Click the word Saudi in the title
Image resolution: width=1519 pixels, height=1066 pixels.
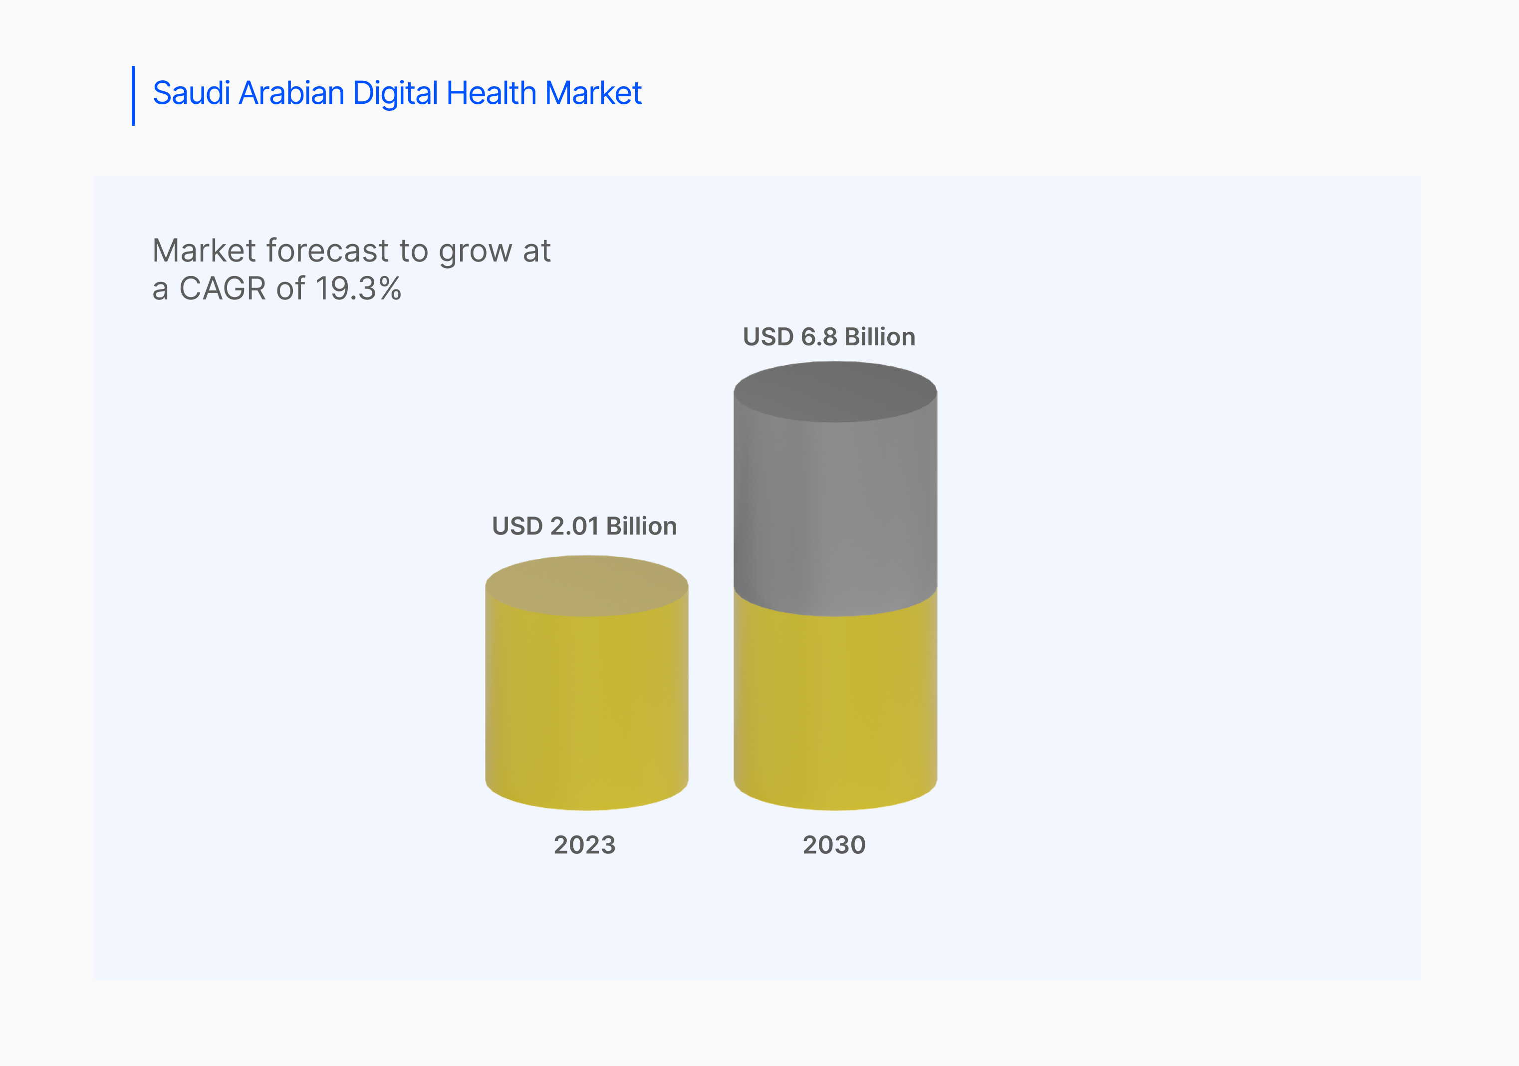192,93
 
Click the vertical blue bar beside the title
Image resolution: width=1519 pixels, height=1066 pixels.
134,95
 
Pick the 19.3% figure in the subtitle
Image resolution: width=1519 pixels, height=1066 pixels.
358,288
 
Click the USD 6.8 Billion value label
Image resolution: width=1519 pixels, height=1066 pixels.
829,337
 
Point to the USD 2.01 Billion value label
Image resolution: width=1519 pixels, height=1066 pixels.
584,526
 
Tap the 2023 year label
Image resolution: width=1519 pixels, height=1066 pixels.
585,845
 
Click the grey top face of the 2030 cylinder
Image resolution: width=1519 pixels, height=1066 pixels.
835,392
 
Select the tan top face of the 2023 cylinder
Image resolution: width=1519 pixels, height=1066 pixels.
587,586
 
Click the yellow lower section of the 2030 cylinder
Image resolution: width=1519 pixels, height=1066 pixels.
835,708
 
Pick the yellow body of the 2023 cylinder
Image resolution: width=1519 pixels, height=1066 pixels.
587,708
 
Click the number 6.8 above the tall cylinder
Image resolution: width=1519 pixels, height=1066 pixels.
819,337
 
